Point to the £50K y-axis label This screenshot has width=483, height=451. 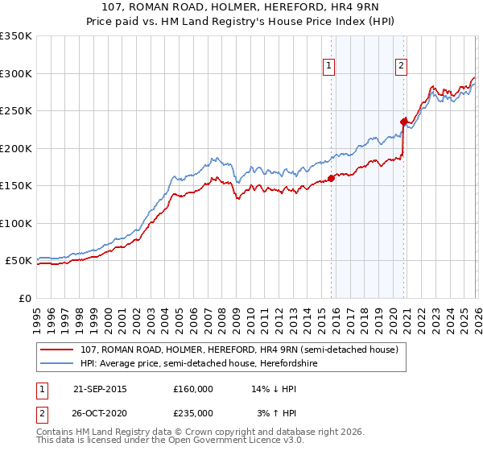point(17,261)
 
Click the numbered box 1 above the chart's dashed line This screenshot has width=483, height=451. point(330,67)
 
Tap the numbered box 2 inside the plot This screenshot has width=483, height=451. point(401,67)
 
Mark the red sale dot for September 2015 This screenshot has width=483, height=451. point(331,179)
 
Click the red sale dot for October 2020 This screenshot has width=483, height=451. point(403,122)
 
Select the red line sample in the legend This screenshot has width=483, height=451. point(58,350)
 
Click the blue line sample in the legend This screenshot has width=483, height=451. point(58,363)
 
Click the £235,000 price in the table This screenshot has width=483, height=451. point(193,412)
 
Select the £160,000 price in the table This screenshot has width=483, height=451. point(193,389)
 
